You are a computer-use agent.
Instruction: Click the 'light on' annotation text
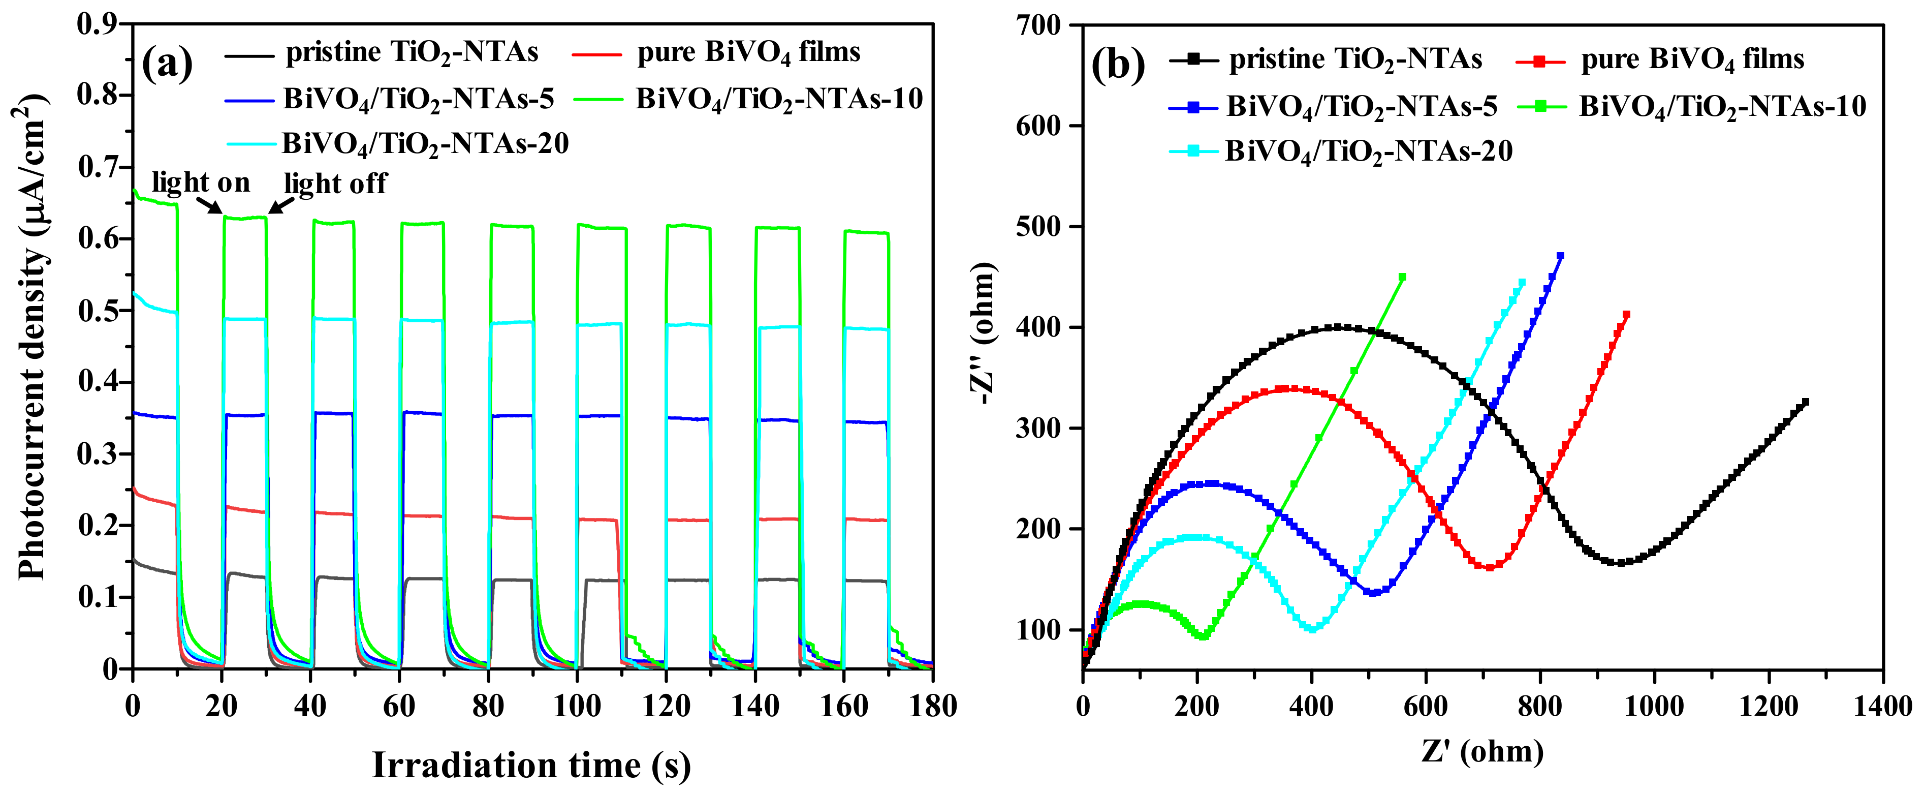coord(200,182)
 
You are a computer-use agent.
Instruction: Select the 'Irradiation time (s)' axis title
coord(531,765)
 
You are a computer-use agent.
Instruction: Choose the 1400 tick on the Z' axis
coord(1882,706)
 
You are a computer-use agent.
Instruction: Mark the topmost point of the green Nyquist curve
coord(1402,277)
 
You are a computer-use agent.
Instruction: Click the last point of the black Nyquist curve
coord(1806,402)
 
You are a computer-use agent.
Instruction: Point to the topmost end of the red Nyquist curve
coord(1626,315)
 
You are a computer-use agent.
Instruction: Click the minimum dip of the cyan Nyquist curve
coord(1313,629)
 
